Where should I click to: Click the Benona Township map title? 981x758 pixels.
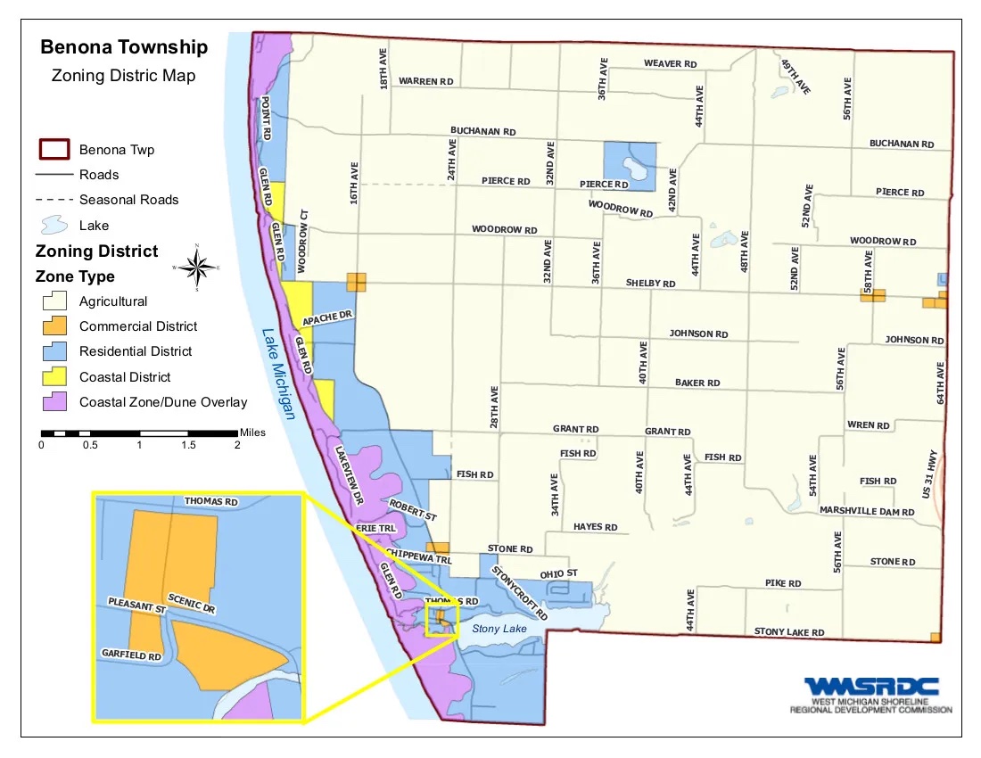tap(123, 47)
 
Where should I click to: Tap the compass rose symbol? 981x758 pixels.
tap(197, 267)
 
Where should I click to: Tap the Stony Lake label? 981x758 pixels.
tap(499, 630)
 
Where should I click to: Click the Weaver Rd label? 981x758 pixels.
tap(670, 63)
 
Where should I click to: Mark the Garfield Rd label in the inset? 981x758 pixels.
tap(131, 655)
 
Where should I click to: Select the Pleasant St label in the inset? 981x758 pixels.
tap(137, 606)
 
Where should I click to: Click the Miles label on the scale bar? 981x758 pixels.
tap(253, 433)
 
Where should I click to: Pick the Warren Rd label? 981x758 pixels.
tap(425, 81)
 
